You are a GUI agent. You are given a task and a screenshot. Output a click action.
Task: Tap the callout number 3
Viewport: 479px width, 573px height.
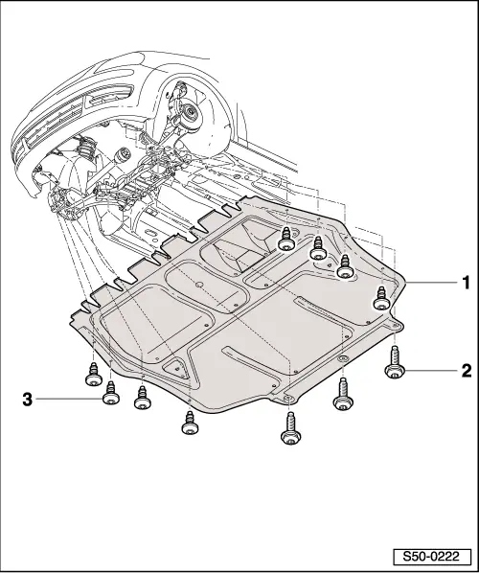click(28, 398)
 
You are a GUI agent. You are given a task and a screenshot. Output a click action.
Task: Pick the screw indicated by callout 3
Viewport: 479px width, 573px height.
click(110, 393)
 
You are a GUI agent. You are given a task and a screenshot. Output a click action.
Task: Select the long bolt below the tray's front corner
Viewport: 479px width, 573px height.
click(288, 427)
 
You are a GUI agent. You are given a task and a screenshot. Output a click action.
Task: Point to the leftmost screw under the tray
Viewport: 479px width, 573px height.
click(93, 373)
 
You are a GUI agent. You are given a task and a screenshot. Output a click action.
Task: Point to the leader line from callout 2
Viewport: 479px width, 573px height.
click(431, 368)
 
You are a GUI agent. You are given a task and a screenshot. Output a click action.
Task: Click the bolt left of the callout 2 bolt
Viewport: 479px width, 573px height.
click(342, 394)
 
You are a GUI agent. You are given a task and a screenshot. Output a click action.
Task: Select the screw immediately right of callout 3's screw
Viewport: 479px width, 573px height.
click(142, 398)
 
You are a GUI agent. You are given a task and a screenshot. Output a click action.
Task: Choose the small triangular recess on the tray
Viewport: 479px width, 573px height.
click(174, 367)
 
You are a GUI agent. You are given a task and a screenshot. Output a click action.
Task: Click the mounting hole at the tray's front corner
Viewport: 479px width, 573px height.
click(285, 397)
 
